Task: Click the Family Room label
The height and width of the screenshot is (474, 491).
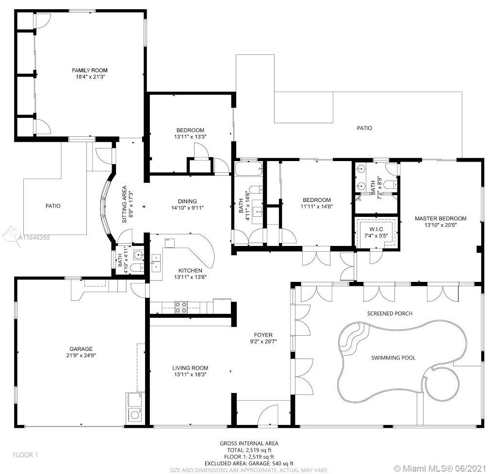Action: point(90,70)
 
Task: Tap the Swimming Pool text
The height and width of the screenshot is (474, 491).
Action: point(393,358)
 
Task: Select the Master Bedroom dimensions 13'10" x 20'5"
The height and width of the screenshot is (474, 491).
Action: point(441,225)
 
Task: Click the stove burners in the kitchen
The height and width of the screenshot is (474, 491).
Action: point(181,307)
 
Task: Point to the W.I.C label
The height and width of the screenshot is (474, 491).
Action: point(376,229)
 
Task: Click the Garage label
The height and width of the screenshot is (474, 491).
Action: point(81,349)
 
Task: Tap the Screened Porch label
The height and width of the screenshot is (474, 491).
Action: point(390,313)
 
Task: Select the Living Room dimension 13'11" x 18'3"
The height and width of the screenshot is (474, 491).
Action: point(190,375)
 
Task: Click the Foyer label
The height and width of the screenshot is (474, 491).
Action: point(263,335)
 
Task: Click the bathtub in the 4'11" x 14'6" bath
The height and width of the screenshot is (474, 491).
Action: point(249,169)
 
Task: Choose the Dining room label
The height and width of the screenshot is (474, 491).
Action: point(188,201)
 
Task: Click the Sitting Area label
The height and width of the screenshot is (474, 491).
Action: point(124,204)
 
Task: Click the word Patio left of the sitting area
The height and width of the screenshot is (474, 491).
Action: point(53,206)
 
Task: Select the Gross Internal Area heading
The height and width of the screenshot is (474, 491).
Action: point(249,443)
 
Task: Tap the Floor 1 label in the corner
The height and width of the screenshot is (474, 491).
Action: point(25,455)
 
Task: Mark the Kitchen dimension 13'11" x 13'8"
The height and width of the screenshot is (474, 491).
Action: point(190,277)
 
